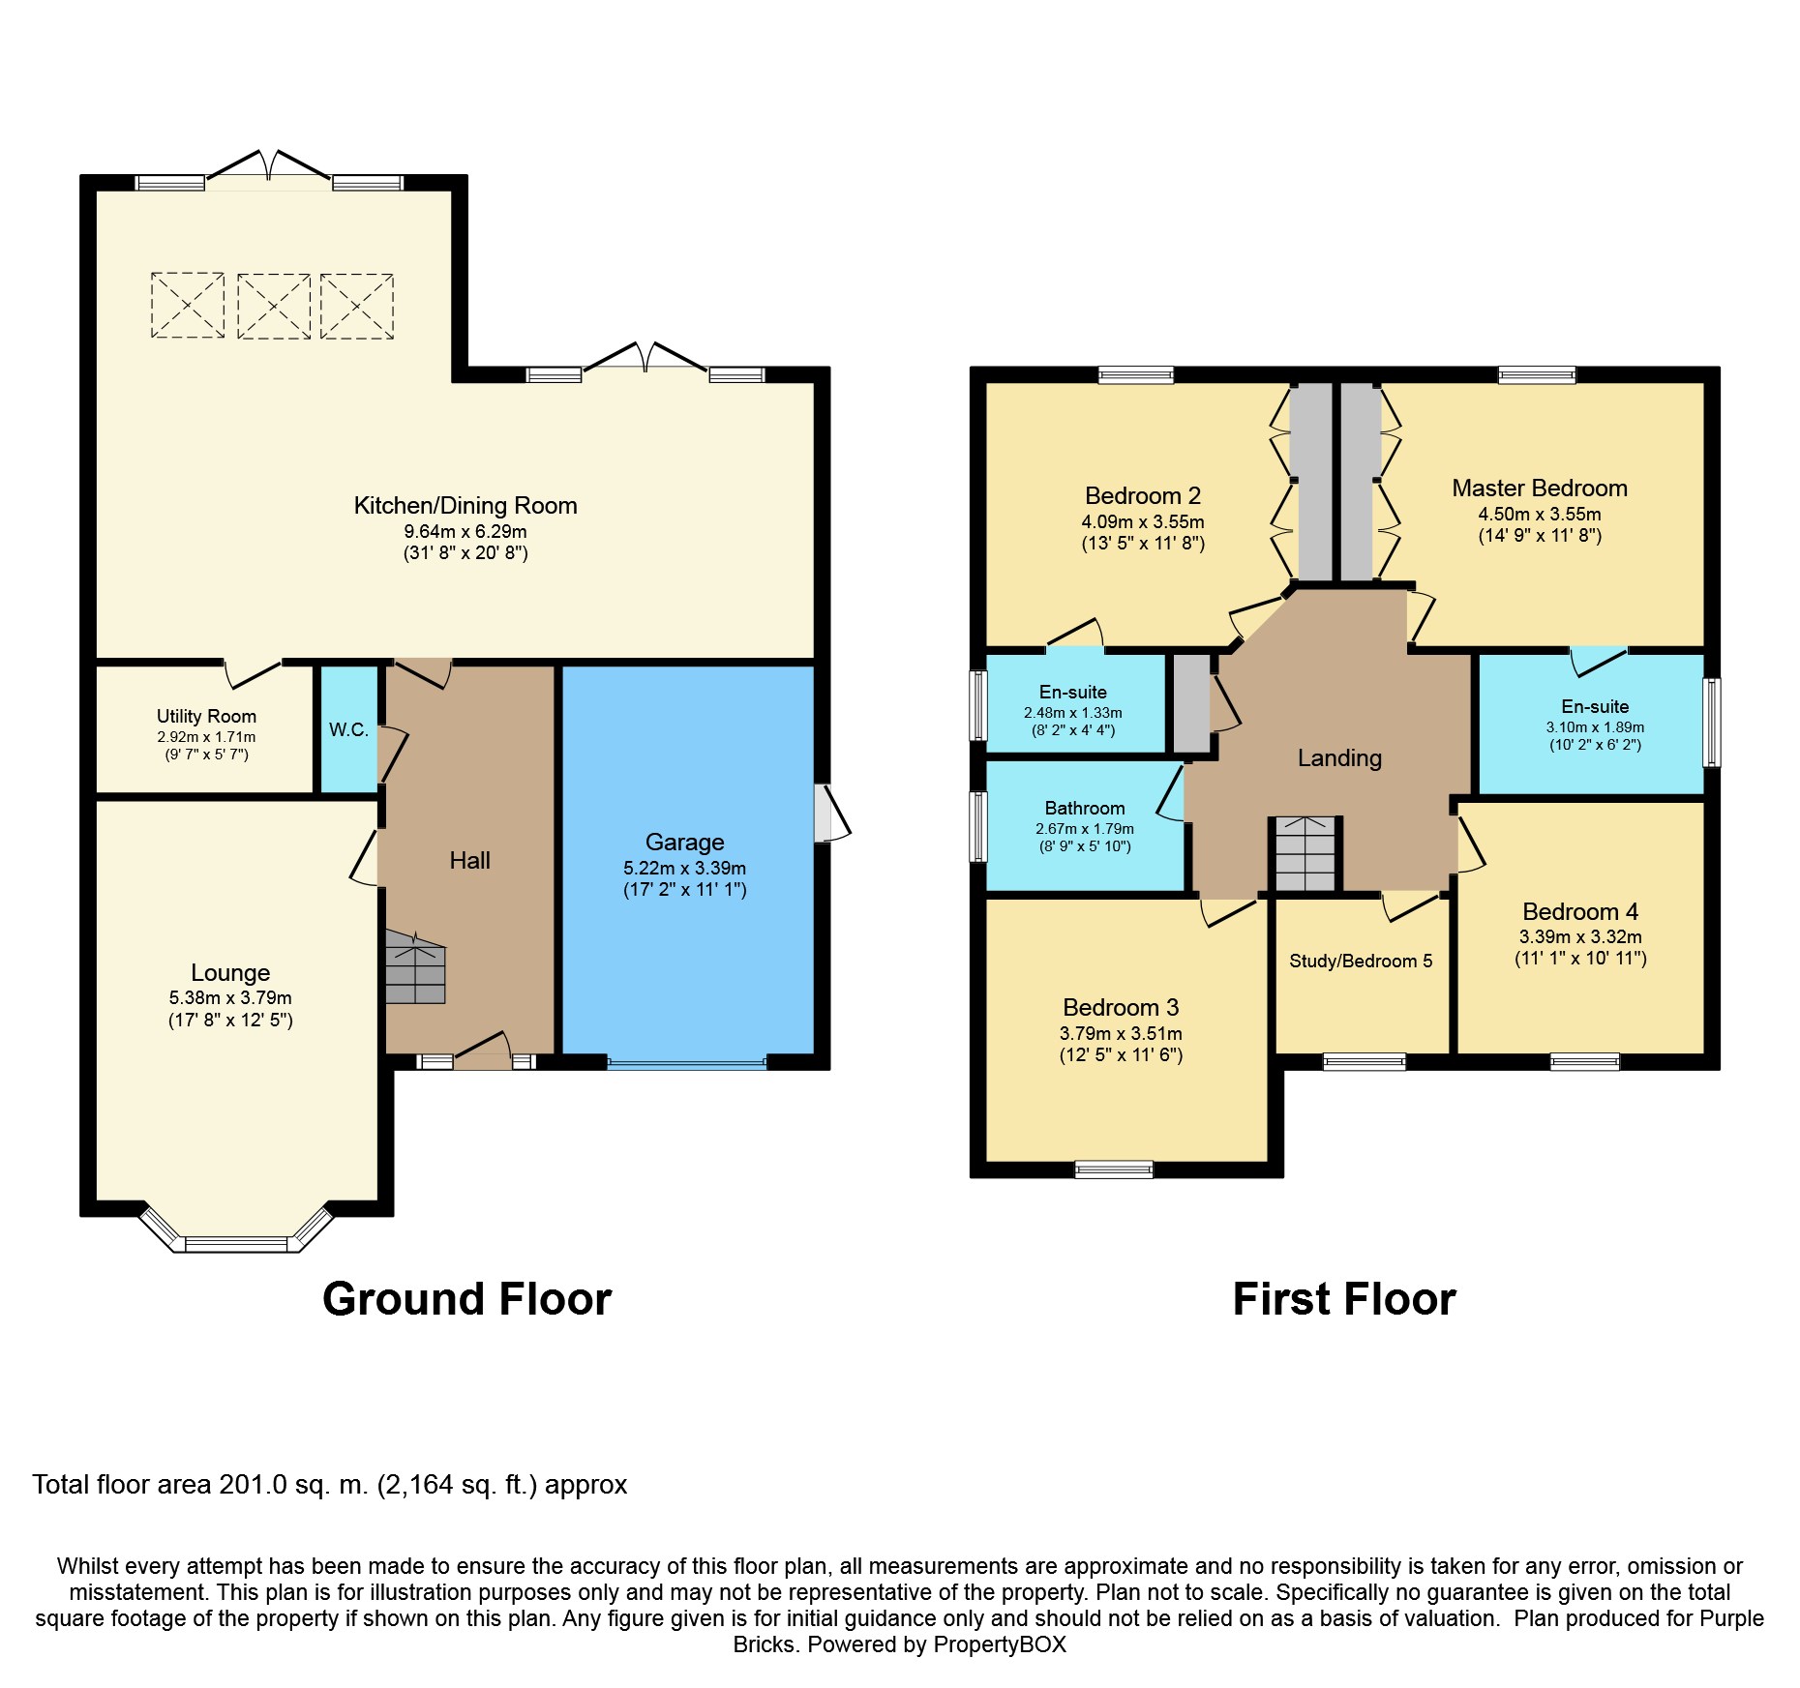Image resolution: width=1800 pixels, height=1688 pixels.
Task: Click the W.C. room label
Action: (348, 729)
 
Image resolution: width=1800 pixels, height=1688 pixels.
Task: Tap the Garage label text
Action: (685, 843)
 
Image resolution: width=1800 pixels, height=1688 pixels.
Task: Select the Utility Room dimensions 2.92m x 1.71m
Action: (207, 737)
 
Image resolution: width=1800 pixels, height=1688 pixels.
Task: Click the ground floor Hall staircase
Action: (416, 967)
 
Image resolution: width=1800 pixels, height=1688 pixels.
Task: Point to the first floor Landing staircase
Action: (1305, 853)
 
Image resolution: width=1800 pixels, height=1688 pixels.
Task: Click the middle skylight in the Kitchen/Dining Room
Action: (274, 306)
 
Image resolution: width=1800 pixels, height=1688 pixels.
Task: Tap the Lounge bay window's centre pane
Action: (236, 1244)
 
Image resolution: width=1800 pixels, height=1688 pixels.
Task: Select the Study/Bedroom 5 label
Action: (1361, 961)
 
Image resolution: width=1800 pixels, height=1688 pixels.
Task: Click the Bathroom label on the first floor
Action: (1085, 808)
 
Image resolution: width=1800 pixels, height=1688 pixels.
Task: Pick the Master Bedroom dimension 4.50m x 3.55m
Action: (1540, 515)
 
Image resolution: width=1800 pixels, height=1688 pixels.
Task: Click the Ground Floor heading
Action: (467, 1299)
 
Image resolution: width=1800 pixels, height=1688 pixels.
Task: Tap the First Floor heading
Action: (1344, 1299)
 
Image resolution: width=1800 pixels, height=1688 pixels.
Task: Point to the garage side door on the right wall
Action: (832, 813)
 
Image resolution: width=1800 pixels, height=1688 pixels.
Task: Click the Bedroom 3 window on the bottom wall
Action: (1114, 1170)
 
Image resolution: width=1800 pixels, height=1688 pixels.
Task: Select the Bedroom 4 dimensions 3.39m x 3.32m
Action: (1580, 936)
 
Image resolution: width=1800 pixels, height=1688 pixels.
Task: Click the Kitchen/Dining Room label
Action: (465, 506)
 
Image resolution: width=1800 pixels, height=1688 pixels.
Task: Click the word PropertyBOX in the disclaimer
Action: (1000, 1644)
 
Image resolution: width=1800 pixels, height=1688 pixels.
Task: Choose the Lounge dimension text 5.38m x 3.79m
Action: (230, 998)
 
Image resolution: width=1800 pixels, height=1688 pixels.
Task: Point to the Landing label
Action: (1339, 758)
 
